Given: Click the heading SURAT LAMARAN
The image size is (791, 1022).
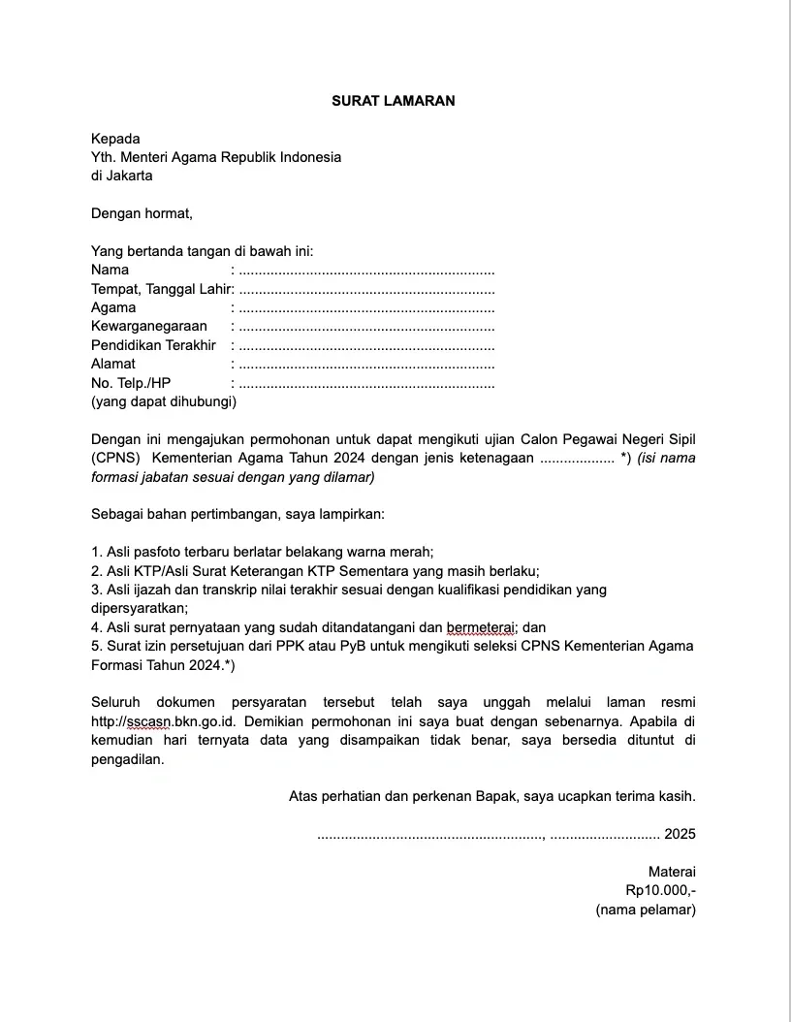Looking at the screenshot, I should click(393, 101).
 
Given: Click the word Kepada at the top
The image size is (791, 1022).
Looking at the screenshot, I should click(115, 139).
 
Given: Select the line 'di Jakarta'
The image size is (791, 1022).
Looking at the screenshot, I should click(121, 176).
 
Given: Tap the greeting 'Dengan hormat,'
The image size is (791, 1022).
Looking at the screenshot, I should click(142, 213).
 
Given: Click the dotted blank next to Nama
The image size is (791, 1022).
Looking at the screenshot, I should click(366, 271).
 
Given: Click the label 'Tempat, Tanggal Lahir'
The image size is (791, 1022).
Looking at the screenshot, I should click(161, 289).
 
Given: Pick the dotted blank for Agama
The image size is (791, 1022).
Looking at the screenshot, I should click(366, 308).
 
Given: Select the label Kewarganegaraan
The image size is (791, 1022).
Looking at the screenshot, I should click(148, 327).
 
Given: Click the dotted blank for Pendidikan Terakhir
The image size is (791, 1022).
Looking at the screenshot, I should click(366, 346).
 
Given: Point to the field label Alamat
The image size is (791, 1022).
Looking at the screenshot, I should click(113, 365).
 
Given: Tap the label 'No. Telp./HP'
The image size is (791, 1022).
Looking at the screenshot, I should click(131, 383).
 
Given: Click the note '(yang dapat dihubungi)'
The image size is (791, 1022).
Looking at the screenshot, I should click(163, 401).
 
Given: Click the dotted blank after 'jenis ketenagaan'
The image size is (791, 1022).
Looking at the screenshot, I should click(577, 459).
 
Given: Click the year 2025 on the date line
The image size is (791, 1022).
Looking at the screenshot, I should click(680, 834).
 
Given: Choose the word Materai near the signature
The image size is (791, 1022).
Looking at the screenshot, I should click(672, 872).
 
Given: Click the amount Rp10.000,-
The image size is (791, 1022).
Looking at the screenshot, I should click(660, 890).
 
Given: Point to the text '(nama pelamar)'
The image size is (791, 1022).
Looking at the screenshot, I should click(646, 910).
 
